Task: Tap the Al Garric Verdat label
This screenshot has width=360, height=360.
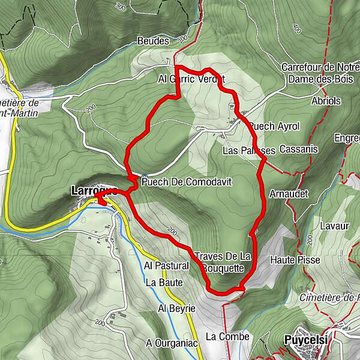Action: pos(191,79)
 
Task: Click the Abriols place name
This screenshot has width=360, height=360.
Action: pos(326,101)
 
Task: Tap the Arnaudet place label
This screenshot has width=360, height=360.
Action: pos(289,194)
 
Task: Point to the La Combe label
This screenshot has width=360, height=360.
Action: pos(227,337)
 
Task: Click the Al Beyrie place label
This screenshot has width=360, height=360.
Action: pos(176,308)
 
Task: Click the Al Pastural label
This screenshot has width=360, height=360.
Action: pos(167,265)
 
